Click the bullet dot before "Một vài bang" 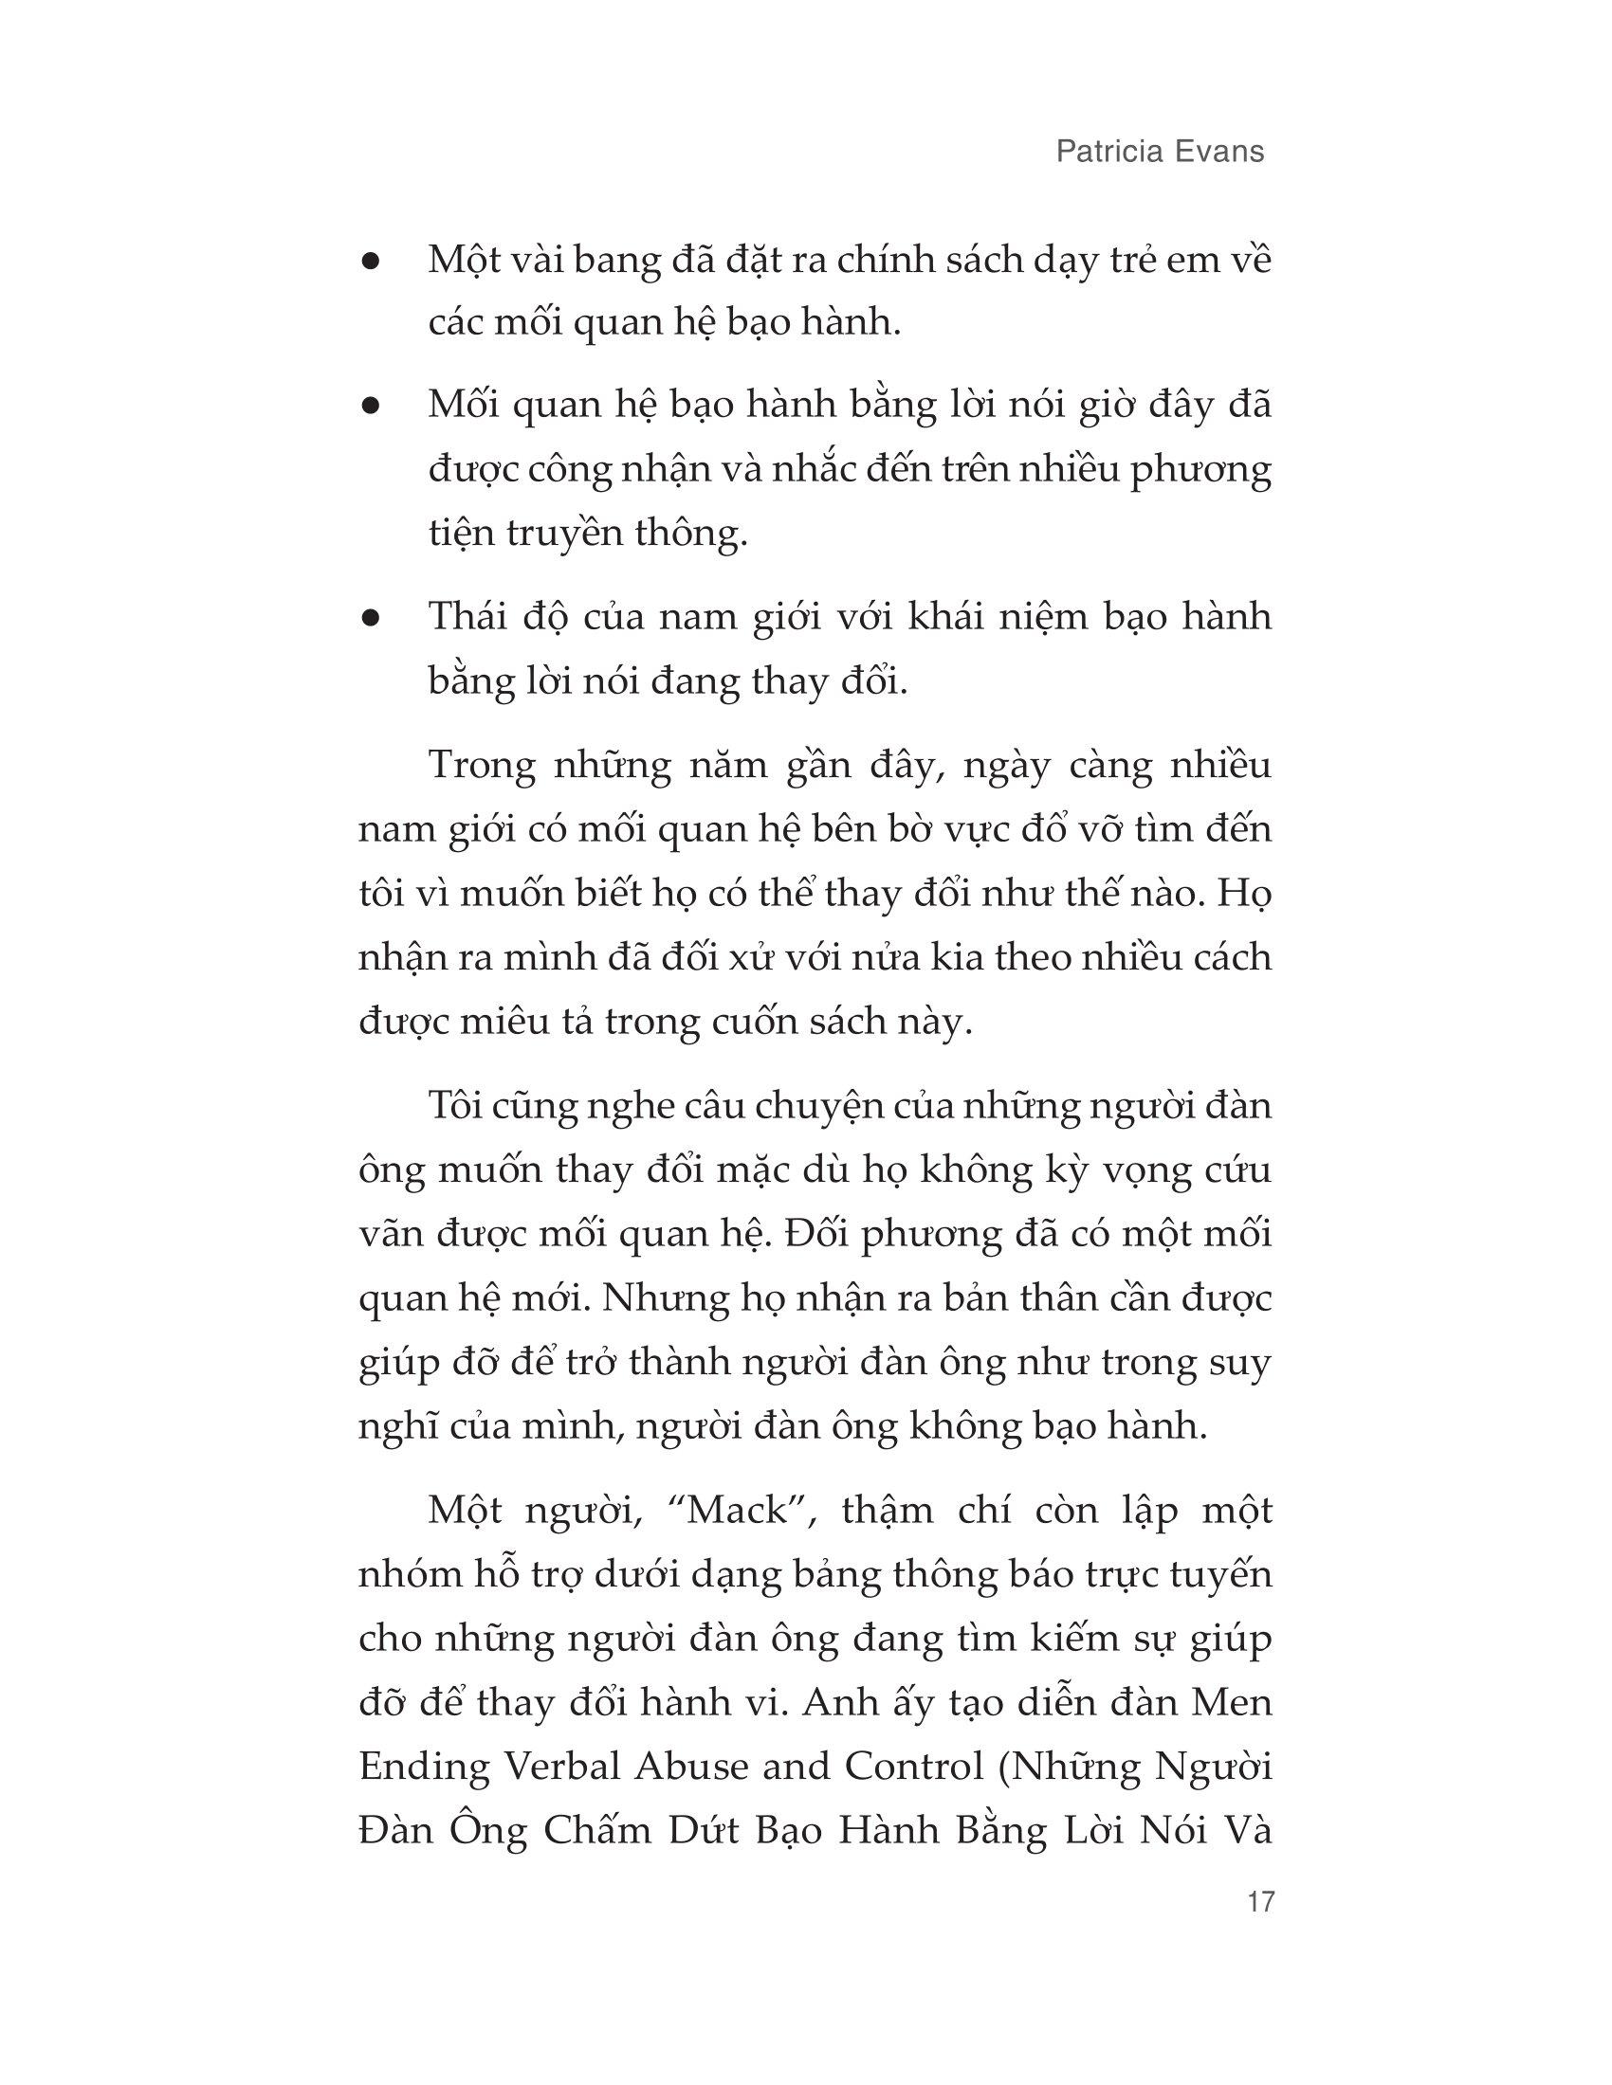pos(372,261)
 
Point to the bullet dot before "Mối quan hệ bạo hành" pos(372,406)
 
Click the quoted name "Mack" pos(741,1512)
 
